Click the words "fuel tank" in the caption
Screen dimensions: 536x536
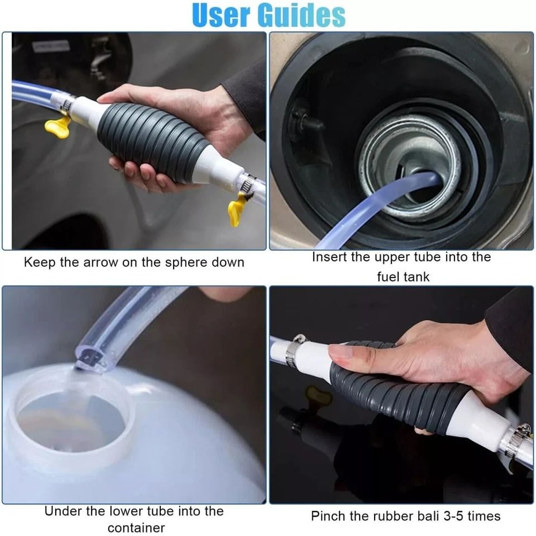click(x=402, y=277)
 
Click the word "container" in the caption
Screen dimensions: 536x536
click(x=137, y=527)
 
